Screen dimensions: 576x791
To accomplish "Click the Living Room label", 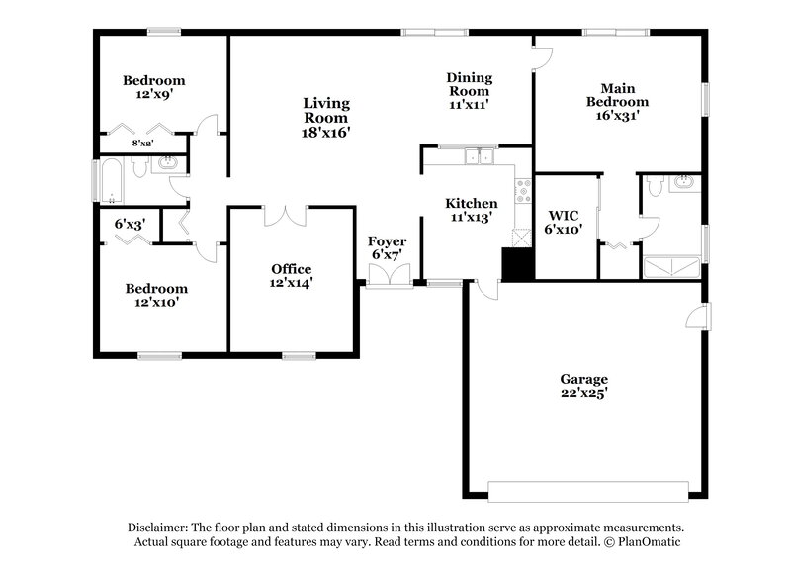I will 326,117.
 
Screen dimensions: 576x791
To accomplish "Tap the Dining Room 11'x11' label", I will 469,90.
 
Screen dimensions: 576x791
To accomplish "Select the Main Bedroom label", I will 617,101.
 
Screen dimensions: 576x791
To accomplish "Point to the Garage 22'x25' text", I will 583,386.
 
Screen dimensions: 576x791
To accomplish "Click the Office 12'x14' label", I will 292,276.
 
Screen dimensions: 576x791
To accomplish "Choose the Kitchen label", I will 471,210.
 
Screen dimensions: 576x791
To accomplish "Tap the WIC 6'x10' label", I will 565,222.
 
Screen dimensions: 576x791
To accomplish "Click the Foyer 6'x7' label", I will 387,248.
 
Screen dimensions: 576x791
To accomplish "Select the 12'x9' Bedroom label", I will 153,87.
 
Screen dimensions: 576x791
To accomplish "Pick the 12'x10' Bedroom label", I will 155,296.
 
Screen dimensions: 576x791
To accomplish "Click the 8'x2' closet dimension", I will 143,144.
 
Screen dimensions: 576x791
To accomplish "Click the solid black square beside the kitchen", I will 517,264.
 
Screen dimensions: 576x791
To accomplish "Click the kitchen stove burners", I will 522,190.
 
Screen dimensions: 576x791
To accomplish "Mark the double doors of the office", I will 285,215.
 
